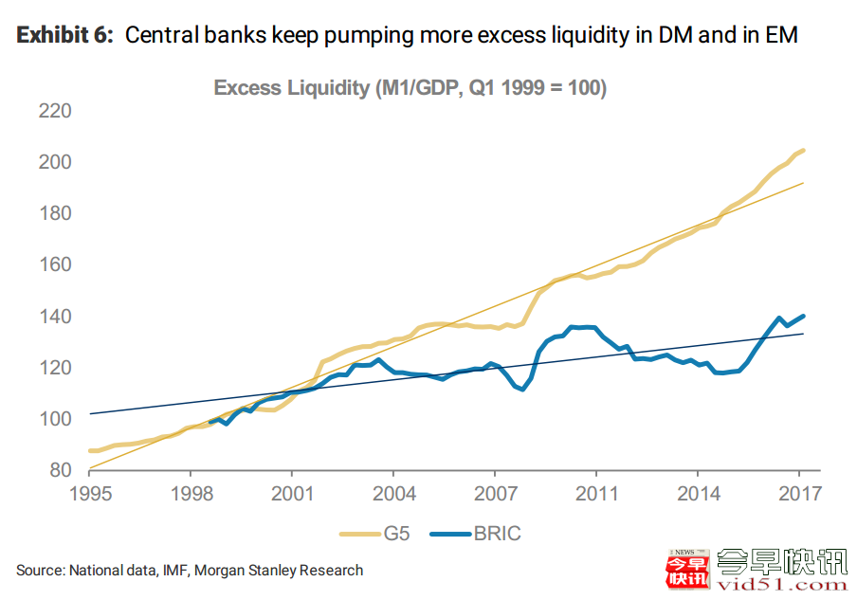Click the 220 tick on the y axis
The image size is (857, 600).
click(x=55, y=112)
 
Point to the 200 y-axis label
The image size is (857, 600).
click(x=55, y=163)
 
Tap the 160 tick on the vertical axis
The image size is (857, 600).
click(x=55, y=264)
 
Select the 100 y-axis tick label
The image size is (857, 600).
click(x=55, y=418)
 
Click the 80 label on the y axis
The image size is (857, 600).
click(x=61, y=469)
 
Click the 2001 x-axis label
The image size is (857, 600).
click(x=292, y=494)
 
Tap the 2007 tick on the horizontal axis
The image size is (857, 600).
click(x=495, y=494)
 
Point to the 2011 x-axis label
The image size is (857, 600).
click(x=596, y=494)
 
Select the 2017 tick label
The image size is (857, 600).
click(x=799, y=494)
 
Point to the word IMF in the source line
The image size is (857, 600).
click(x=166, y=570)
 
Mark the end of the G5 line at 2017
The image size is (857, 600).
click(x=804, y=150)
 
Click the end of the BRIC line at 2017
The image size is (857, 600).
click(x=804, y=316)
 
